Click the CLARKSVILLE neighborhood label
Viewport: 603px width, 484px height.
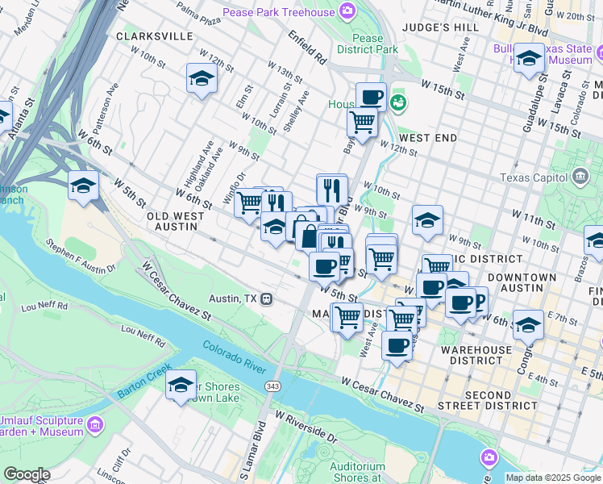click(155, 36)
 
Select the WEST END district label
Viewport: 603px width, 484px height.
click(427, 138)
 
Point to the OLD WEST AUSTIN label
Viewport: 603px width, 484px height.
click(173, 222)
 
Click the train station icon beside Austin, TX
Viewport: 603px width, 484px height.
click(266, 298)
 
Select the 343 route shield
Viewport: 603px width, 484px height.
click(273, 378)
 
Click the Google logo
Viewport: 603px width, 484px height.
click(26, 474)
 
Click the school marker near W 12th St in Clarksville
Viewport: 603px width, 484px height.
click(201, 79)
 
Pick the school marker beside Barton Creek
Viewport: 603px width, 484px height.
click(181, 384)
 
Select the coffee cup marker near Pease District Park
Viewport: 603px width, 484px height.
click(371, 97)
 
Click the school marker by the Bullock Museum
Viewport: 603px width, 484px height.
click(529, 59)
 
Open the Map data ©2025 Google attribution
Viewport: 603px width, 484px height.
click(552, 478)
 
